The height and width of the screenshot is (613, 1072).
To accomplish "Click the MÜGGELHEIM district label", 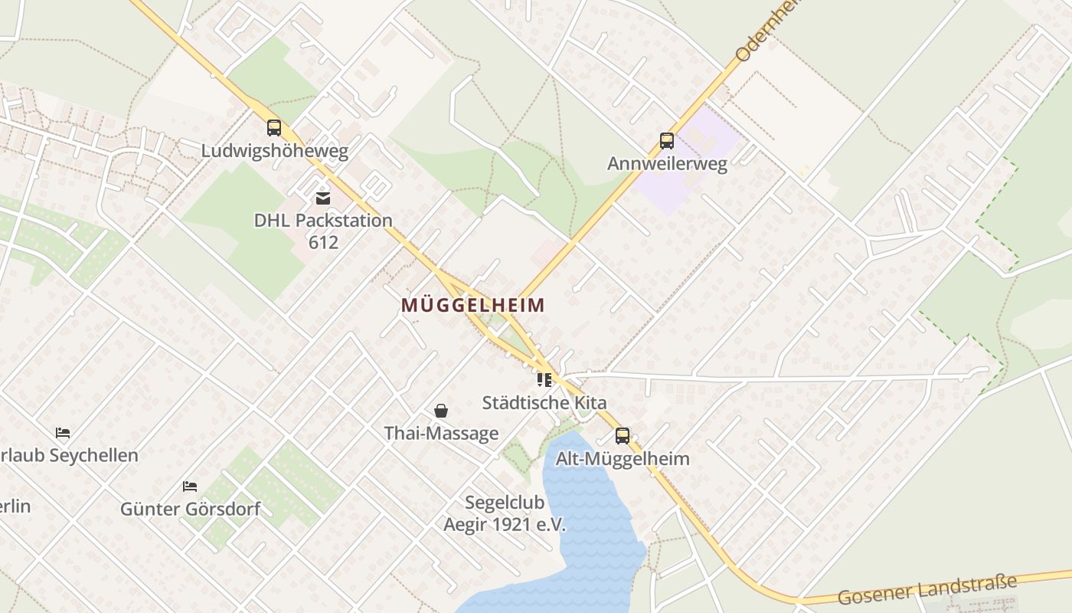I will click(x=473, y=305).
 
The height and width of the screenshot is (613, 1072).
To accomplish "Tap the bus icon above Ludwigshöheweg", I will click(x=274, y=128).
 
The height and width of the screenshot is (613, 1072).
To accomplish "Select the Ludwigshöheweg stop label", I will click(x=274, y=151).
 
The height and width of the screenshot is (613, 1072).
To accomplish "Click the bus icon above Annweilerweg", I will click(x=667, y=141).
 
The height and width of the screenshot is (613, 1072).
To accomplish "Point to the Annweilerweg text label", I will click(x=667, y=164).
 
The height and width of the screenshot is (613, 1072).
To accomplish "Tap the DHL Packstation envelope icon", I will click(x=323, y=198).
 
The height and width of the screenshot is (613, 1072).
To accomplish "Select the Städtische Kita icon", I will click(x=544, y=380).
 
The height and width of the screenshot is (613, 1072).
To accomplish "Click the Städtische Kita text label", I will click(x=544, y=403).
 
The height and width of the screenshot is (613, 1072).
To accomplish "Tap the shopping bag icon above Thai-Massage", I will click(x=441, y=411).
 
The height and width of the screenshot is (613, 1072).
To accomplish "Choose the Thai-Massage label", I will click(x=441, y=434).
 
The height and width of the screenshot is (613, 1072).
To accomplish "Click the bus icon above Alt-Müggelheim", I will click(x=623, y=436).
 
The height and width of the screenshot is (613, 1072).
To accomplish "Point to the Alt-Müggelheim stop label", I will click(x=623, y=459).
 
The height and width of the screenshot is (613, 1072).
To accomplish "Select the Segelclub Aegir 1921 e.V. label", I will click(x=505, y=513).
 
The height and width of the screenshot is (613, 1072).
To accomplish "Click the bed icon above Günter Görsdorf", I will click(x=190, y=486).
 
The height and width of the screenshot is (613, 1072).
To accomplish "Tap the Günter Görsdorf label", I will click(x=190, y=509).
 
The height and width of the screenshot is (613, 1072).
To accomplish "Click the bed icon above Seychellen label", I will click(x=63, y=433).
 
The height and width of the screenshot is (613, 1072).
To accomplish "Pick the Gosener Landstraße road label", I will click(x=927, y=588).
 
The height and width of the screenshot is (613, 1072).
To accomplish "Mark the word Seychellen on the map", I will click(x=93, y=456).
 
